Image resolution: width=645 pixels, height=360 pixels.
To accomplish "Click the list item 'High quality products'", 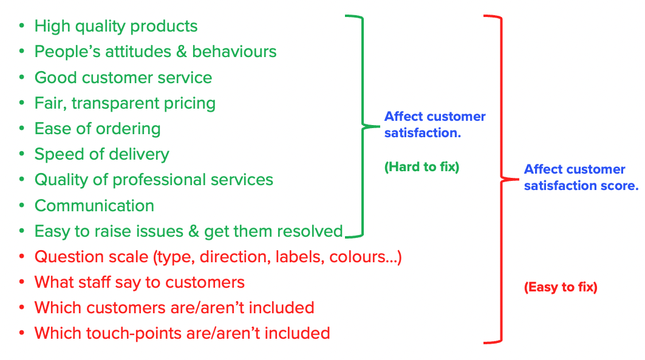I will click(116, 27).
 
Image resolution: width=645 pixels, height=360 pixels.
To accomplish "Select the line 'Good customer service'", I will click(123, 78).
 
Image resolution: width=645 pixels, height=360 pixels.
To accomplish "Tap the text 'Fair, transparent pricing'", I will click(125, 104).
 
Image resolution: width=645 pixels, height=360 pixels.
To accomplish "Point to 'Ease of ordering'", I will click(97, 129).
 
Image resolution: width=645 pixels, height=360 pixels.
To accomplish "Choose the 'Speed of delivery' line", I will click(101, 155).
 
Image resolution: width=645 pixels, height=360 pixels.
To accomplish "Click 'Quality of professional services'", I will click(154, 180).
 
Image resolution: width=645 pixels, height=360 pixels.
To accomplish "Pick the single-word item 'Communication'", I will click(94, 206).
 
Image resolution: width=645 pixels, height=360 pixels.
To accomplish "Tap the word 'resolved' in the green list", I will click(312, 231).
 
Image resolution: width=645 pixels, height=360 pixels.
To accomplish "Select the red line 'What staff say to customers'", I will click(140, 282).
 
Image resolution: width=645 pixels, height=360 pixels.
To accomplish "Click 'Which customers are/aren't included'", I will click(174, 308).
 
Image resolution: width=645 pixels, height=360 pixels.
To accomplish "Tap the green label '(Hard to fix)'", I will click(421, 167).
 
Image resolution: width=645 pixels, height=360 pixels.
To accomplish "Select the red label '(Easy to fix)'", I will click(561, 288).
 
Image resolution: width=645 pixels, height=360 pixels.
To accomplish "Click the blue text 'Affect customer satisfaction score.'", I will click(581, 177).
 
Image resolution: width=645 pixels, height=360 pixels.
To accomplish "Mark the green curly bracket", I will click(360, 126).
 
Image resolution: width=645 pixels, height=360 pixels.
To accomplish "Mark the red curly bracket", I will click(500, 179).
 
